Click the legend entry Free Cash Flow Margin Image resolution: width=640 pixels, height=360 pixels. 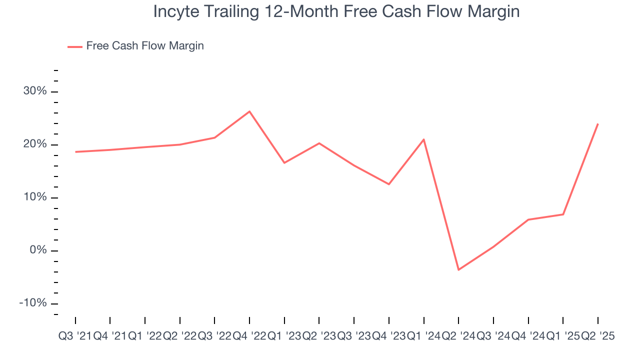point(144,46)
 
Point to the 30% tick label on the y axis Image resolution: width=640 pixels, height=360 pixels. point(34,91)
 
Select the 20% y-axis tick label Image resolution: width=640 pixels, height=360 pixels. point(34,144)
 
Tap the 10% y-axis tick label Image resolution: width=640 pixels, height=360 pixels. point(34,197)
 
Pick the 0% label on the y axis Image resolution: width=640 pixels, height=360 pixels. point(37,250)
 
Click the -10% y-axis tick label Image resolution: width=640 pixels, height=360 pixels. point(33,303)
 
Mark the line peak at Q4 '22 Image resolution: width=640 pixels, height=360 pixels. point(249,111)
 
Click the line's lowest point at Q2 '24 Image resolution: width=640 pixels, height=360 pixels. point(458,270)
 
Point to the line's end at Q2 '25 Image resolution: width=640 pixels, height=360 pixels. point(598,123)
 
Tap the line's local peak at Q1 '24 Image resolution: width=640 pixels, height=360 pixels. point(424,139)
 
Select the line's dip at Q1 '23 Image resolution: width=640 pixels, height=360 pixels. point(284,163)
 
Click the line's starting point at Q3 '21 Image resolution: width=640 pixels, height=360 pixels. point(75,151)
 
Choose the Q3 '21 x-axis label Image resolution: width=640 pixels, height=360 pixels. point(75,336)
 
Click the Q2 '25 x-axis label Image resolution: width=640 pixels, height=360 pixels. point(598,336)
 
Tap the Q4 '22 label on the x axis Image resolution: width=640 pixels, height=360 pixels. point(249,336)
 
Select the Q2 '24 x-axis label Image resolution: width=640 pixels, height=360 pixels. point(458,336)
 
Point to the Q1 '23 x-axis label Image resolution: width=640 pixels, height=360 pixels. point(284,336)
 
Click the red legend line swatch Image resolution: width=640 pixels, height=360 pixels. point(75,46)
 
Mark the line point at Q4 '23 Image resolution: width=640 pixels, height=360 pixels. point(389,184)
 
